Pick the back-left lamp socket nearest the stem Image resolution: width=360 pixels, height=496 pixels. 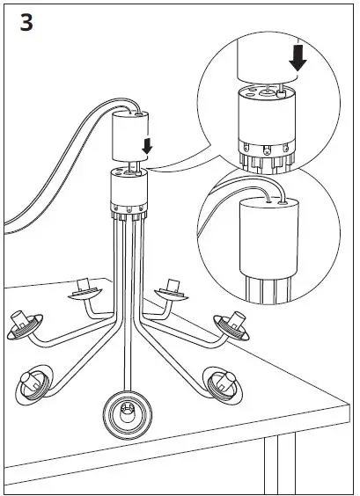pos(85,288)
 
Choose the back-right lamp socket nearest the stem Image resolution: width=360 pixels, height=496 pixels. pos(172,288)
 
